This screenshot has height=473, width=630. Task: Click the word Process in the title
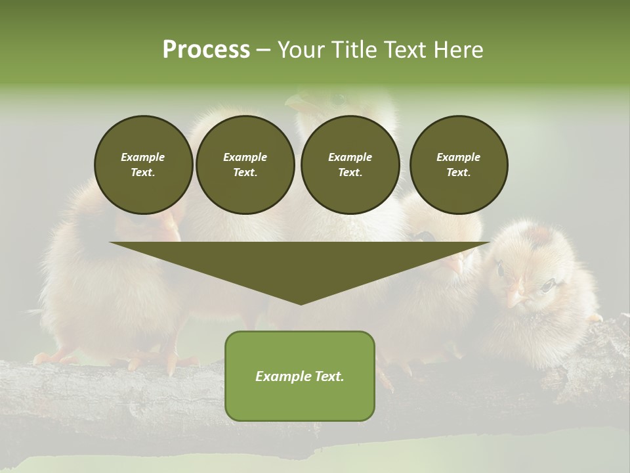click(x=206, y=50)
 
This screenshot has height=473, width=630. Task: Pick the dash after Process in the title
click(x=264, y=51)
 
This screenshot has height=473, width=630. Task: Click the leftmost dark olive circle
click(x=143, y=165)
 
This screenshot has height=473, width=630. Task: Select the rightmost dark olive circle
click(x=459, y=165)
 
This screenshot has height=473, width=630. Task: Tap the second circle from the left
click(x=245, y=165)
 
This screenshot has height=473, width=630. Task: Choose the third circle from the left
click(x=350, y=165)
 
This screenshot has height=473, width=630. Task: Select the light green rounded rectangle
click(x=300, y=394)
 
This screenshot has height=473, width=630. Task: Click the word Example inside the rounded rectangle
click(x=282, y=376)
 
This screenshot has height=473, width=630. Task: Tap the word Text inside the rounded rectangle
click(x=329, y=376)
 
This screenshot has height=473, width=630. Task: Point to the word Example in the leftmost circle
click(x=143, y=157)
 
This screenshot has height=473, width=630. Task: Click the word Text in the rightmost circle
click(x=458, y=173)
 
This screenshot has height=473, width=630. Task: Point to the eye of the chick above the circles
click(x=339, y=99)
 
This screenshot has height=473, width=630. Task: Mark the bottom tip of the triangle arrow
click(x=301, y=304)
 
